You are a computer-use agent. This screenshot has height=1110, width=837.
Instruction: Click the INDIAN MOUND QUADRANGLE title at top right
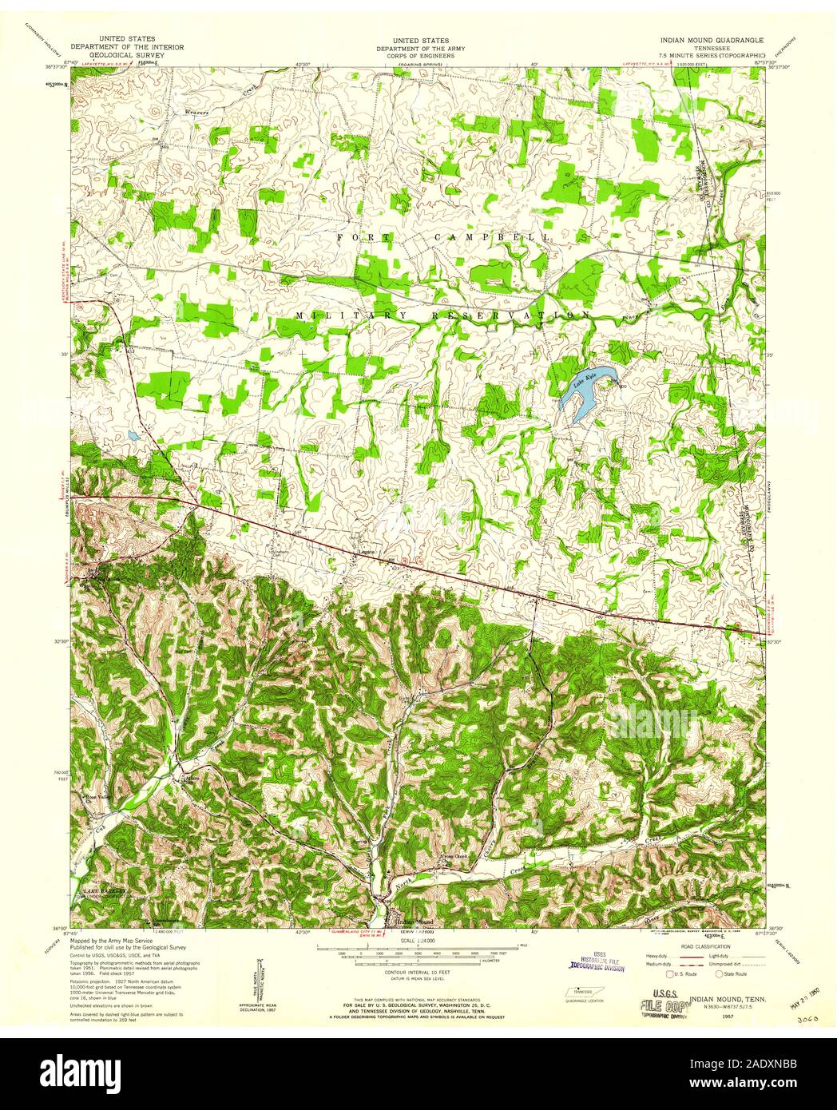711,39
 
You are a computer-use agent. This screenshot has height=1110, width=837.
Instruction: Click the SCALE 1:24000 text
418,940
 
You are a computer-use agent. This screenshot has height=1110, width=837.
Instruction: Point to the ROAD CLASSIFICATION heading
696,941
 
